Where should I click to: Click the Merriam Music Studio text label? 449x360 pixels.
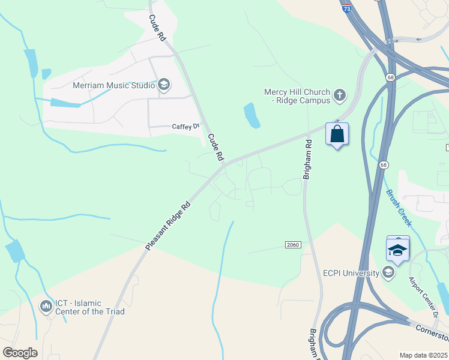point(113,85)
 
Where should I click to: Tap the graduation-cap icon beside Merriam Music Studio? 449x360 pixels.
point(163,85)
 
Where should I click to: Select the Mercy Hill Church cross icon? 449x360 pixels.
point(340,94)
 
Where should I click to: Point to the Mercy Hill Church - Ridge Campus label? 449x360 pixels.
point(297,96)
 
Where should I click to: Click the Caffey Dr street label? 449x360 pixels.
point(185,126)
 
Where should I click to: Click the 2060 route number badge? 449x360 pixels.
point(292,245)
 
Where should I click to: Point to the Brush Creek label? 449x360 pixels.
point(399,208)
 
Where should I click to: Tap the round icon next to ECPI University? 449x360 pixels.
point(388,274)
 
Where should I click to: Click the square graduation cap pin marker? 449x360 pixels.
point(398,249)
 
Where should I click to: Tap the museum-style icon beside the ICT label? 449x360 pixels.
point(46,307)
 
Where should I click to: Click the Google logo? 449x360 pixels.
point(19,353)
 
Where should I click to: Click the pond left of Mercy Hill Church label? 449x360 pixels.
point(252,115)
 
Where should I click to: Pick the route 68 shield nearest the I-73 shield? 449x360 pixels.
point(391,77)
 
